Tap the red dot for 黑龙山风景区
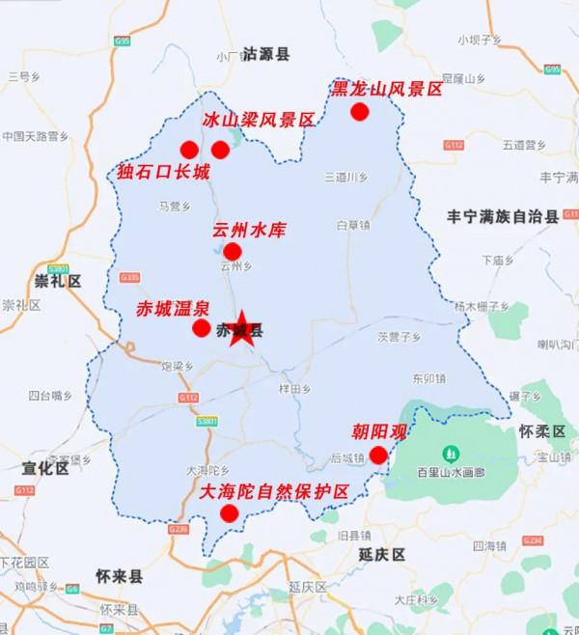(x=360, y=112)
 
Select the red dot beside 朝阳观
(x=378, y=456)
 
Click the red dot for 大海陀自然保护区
(x=229, y=513)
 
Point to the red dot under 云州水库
(x=232, y=252)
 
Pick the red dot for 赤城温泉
(x=201, y=328)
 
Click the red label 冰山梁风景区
(x=259, y=121)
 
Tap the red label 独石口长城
(x=163, y=173)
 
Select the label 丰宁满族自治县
(x=510, y=217)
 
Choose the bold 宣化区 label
(x=45, y=469)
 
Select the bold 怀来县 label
(x=119, y=577)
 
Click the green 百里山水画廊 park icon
(x=450, y=454)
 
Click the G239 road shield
(x=178, y=530)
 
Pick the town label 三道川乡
(x=345, y=177)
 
